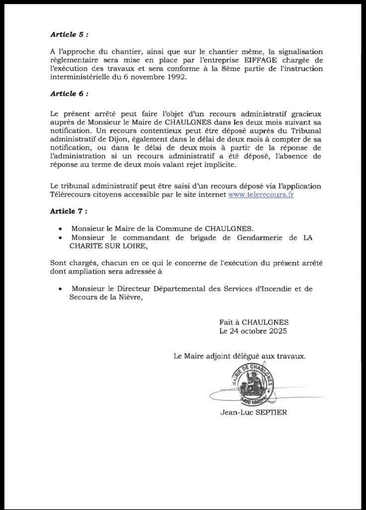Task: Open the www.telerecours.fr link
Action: (x=261, y=195)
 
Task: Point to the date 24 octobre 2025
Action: (x=253, y=330)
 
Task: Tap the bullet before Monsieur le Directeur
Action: (x=60, y=289)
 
